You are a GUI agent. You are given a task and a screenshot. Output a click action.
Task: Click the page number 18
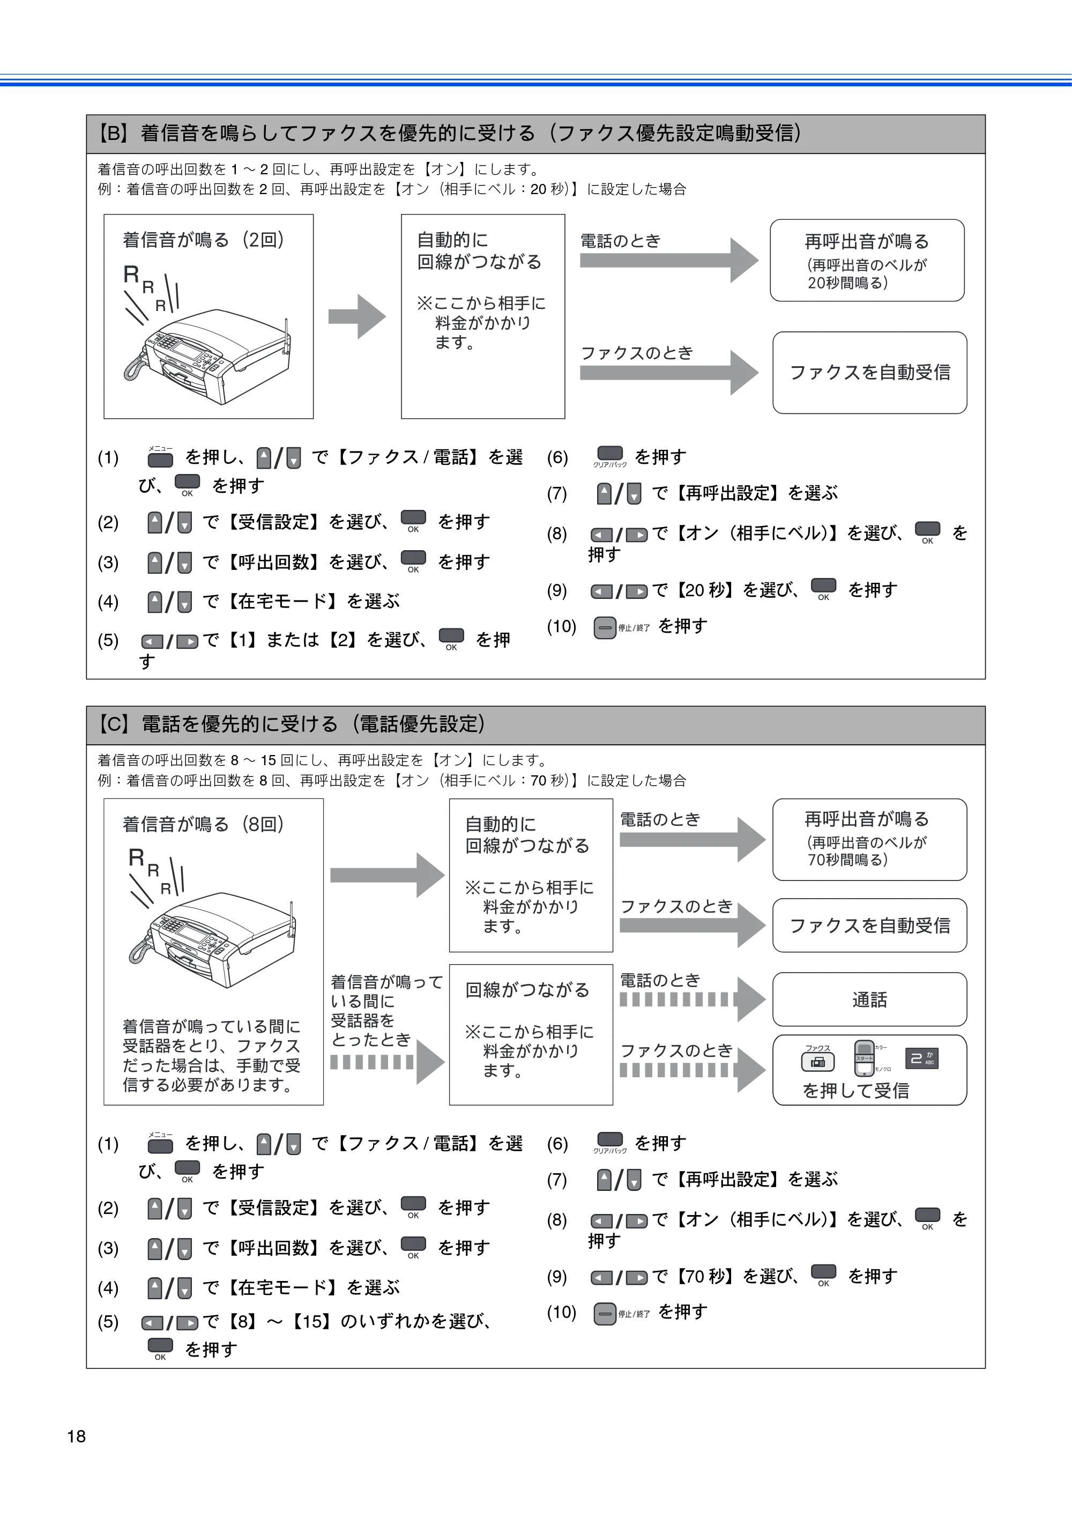77,1436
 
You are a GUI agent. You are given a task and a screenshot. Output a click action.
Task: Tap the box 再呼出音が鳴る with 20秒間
867,261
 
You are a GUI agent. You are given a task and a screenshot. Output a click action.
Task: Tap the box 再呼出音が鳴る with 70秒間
869,840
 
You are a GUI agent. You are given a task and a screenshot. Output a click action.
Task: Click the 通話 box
869,999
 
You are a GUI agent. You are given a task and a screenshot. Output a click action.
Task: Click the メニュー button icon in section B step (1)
160,457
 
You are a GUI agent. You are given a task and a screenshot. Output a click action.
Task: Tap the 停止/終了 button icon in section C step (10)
605,1314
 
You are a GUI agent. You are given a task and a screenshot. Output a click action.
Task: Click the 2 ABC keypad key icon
921,1058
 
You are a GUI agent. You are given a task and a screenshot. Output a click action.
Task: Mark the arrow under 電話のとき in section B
669,261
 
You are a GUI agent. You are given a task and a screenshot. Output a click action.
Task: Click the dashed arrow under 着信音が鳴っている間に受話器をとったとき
388,1062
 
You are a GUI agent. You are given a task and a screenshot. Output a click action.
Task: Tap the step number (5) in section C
108,1322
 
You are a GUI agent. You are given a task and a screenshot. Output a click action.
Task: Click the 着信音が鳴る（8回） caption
204,825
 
